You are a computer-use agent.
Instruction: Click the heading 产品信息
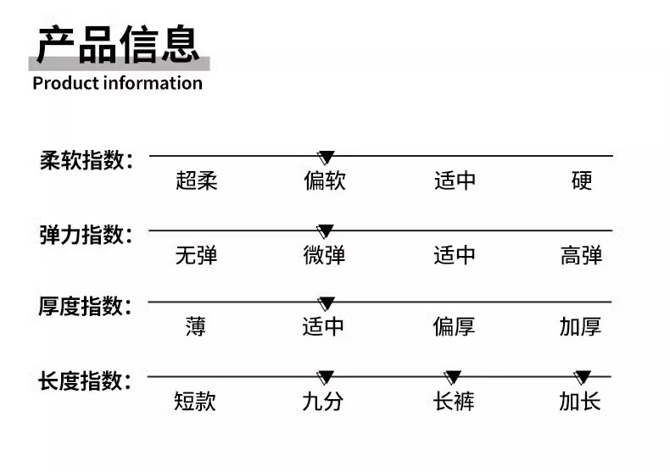118,44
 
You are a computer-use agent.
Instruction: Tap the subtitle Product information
117,83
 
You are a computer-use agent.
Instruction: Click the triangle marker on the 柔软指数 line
326,158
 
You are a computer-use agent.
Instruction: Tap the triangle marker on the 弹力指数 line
325,231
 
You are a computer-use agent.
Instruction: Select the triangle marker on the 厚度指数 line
326,303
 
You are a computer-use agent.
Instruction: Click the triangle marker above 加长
583,378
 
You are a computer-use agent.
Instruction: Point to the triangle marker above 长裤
453,378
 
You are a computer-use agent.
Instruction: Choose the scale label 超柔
197,180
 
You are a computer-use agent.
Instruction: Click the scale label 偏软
325,180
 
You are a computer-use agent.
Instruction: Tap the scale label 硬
582,180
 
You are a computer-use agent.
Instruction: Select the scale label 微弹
325,255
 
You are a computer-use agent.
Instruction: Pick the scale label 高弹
581,255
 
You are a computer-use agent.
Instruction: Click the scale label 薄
196,326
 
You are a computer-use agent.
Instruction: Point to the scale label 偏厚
454,326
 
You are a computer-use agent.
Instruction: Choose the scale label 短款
196,401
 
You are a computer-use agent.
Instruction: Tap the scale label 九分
323,401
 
